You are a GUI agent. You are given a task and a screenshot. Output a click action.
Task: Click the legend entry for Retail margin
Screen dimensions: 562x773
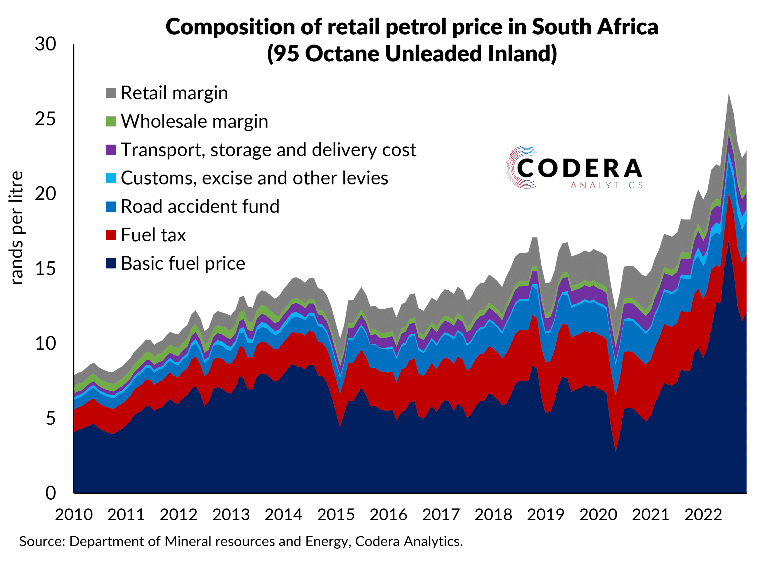[174, 93]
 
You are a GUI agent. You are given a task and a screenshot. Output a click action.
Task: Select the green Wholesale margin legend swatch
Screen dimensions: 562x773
[111, 121]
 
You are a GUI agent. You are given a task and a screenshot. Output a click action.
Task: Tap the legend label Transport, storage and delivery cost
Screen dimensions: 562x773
[268, 150]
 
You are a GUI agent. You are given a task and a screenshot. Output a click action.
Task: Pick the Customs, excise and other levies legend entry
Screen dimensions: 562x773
[254, 178]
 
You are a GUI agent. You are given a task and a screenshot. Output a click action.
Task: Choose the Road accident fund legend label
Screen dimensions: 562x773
[200, 207]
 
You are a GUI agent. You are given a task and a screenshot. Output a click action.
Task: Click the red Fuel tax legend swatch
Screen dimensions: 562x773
[111, 235]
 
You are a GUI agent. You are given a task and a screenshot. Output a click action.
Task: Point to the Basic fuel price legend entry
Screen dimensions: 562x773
[183, 263]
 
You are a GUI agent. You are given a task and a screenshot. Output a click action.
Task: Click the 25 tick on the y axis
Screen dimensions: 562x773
[45, 119]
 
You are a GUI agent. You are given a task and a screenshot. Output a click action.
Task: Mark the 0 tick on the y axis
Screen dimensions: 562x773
[50, 493]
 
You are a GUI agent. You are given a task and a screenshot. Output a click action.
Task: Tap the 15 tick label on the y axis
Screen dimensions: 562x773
[45, 269]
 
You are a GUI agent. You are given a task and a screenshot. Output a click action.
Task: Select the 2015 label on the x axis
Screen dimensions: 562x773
[336, 515]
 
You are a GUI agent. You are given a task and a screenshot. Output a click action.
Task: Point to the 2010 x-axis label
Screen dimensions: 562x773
[74, 515]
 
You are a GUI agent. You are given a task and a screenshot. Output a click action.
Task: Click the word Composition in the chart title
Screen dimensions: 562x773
[230, 27]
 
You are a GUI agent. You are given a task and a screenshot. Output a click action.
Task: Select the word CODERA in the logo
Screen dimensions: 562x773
[579, 169]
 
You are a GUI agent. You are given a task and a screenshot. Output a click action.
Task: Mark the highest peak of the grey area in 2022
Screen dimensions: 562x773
[729, 93]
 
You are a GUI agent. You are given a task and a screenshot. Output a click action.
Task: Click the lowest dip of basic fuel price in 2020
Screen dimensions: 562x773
[616, 452]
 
